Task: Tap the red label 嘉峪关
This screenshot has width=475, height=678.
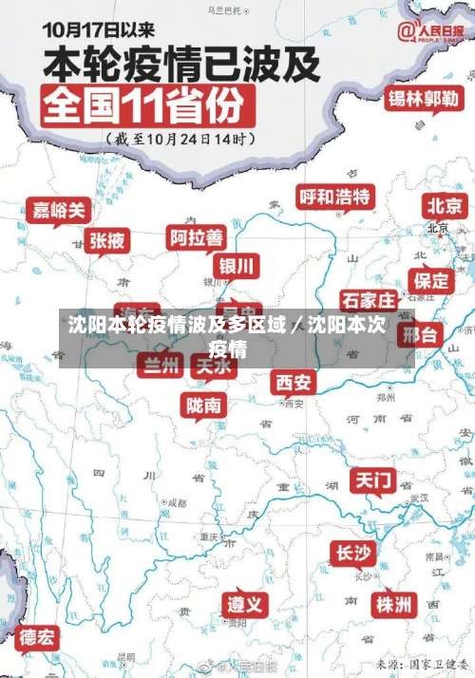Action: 60,209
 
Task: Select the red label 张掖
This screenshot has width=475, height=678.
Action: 106,240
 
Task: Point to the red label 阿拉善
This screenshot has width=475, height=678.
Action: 197,236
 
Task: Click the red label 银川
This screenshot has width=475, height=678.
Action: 237,265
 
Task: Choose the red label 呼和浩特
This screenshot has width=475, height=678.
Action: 335,198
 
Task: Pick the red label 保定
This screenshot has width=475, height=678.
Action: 431,280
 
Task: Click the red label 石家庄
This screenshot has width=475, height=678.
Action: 369,301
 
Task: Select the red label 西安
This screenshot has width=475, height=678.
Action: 294,382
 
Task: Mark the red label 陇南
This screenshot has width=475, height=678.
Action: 204,405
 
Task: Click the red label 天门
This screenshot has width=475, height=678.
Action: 373,480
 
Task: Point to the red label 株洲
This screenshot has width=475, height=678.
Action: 392,604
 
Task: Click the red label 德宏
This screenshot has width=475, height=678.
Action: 38,636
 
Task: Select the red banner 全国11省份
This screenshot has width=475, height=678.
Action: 146,105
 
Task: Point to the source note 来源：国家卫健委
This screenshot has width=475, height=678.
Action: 421,664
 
